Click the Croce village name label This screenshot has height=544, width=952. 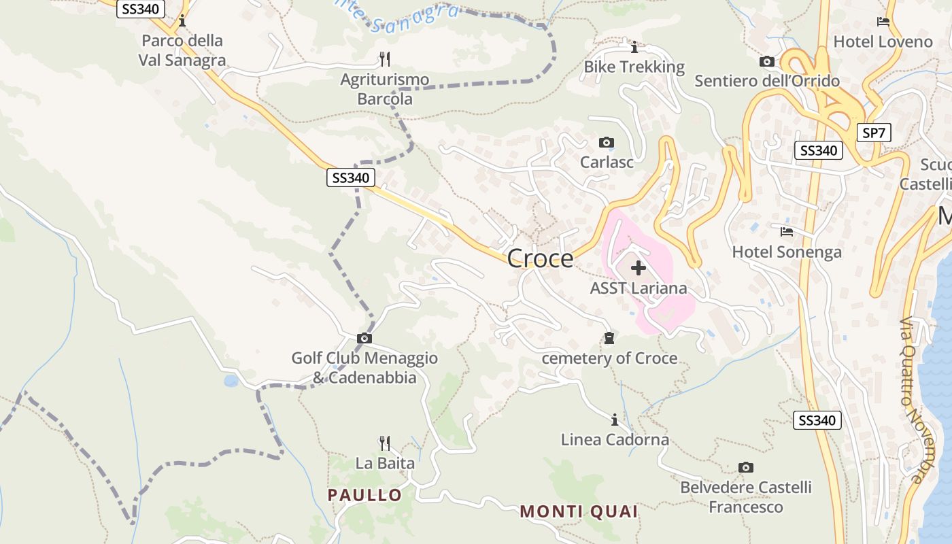point(540,259)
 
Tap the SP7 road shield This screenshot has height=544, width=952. point(874,133)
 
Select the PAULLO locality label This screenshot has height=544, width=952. point(364,495)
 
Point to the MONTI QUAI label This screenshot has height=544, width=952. point(579,511)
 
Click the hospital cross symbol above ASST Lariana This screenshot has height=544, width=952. point(638,268)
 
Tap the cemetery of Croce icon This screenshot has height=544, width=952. point(609,338)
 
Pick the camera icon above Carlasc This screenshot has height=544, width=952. point(606,142)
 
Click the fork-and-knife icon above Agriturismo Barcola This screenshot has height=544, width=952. point(385,59)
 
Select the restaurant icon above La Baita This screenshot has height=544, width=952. point(385,443)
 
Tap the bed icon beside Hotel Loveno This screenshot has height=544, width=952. point(883,22)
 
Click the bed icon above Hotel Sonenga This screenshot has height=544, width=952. point(787,232)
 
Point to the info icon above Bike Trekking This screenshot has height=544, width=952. point(634,47)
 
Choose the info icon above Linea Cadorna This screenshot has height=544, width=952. point(615,420)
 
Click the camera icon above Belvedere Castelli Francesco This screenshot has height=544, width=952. point(746,467)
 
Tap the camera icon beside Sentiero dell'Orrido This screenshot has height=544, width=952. point(767,62)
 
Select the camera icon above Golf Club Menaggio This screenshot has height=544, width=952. point(364,338)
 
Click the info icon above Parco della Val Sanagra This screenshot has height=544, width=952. point(182,21)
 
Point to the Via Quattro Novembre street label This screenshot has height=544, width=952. point(918,401)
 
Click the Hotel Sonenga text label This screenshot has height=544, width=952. point(787,252)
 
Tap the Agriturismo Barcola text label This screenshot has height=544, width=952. point(385,89)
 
